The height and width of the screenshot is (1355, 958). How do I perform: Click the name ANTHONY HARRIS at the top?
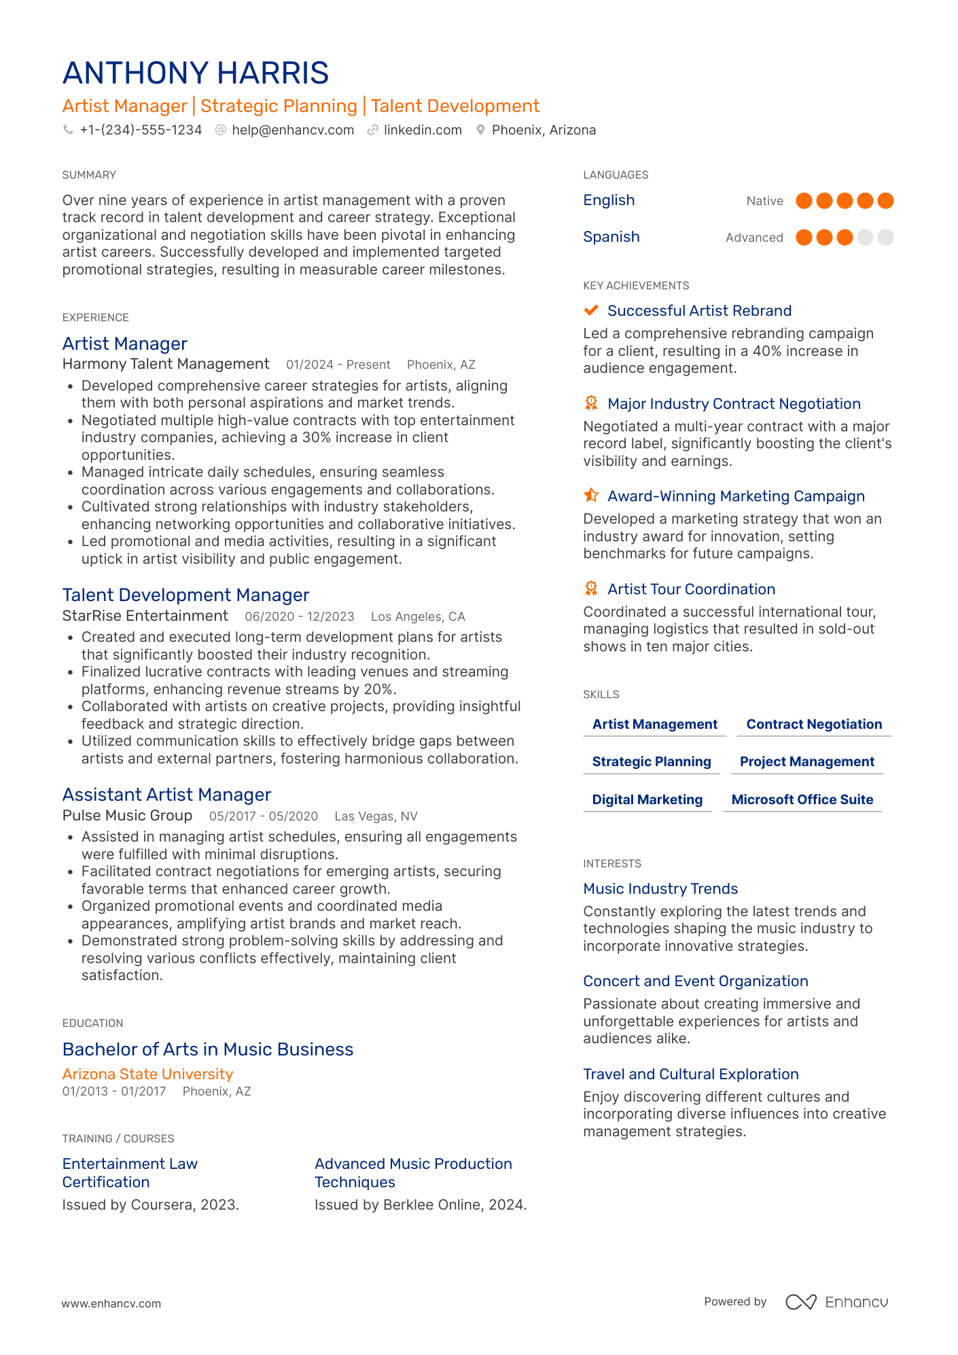(x=196, y=73)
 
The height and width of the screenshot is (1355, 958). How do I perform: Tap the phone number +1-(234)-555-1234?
(x=141, y=130)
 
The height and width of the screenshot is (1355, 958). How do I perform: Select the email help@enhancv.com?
(x=293, y=130)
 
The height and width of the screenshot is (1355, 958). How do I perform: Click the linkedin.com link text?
(x=423, y=130)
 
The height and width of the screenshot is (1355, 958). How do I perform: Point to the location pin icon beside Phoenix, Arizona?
(x=480, y=130)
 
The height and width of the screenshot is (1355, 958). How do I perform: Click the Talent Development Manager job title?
(x=185, y=595)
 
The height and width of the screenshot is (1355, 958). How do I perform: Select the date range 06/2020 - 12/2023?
(x=300, y=617)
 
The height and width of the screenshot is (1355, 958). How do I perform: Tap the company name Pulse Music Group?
(x=127, y=816)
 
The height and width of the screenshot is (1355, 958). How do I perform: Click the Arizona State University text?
(x=147, y=1074)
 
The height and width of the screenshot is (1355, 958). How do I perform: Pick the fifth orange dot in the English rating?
(x=885, y=201)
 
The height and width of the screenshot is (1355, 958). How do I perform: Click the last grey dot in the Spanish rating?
(x=885, y=238)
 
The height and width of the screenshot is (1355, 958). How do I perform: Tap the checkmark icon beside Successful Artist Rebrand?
(x=591, y=310)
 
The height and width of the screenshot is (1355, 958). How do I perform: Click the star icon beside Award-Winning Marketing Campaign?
(x=591, y=496)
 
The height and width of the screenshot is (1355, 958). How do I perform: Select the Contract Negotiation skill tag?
(x=814, y=725)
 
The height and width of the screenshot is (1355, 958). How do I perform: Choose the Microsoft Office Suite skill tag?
(x=802, y=800)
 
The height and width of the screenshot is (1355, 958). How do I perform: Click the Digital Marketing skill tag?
(x=647, y=800)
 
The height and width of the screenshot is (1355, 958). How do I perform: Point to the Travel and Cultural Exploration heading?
(x=690, y=1074)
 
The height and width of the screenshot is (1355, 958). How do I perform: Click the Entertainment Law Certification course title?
(x=130, y=1173)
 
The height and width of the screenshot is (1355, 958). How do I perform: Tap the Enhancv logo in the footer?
(x=836, y=1302)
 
